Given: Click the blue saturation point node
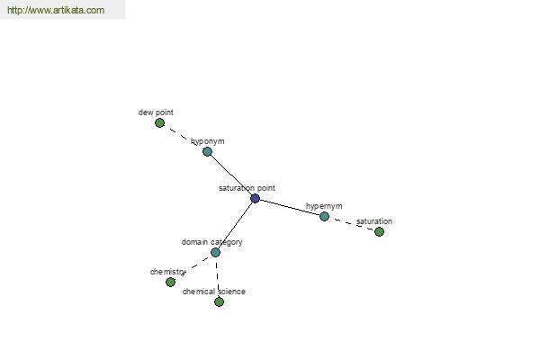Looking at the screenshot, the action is click(255, 198).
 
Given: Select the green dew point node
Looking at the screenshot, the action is click(159, 123).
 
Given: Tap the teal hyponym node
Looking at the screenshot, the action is click(207, 151).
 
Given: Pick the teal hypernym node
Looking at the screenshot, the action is click(324, 216).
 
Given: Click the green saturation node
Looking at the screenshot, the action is click(379, 232).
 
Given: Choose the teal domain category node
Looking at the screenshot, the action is click(215, 253).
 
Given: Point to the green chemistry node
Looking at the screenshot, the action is click(170, 282).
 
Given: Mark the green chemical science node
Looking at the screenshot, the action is click(219, 302).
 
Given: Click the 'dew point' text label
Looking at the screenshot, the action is click(156, 112).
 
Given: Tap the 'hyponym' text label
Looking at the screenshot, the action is click(208, 141).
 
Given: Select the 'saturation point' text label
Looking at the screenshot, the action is click(247, 188).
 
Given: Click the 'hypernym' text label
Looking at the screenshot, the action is click(324, 206).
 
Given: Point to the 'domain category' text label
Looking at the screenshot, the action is click(212, 242).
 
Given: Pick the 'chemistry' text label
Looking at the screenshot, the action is click(167, 272).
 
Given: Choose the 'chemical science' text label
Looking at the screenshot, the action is click(214, 292).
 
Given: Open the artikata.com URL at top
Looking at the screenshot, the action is click(56, 10).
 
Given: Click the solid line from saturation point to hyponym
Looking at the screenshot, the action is click(231, 175).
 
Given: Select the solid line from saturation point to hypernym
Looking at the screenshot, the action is click(289, 207).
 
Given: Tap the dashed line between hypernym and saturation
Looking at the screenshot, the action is click(352, 224).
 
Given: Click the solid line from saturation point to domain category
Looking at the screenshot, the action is click(235, 226).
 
